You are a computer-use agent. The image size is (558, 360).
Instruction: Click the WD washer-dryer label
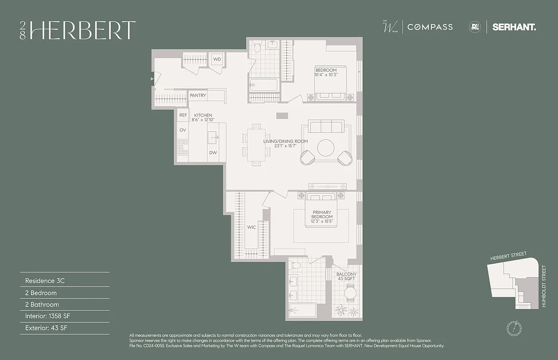217,59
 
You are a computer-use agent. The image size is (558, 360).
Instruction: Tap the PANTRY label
198,95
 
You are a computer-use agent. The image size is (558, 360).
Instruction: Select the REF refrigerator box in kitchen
183,115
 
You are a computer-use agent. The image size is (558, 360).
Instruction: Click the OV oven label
183,130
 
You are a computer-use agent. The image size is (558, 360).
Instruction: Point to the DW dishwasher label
213,153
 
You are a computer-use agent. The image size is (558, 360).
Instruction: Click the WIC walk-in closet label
251,227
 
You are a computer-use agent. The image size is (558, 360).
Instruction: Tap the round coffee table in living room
326,147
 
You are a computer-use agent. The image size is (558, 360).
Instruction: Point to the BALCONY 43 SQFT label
346,276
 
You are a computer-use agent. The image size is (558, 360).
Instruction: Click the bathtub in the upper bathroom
264,85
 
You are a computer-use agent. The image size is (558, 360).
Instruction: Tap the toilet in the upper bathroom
257,46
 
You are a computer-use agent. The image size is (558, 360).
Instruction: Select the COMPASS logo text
430,27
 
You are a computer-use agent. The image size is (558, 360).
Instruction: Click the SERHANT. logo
514,27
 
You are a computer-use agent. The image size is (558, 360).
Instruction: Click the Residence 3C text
45,281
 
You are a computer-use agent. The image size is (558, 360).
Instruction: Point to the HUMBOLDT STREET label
544,286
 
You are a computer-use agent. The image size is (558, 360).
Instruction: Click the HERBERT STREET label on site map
508,256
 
